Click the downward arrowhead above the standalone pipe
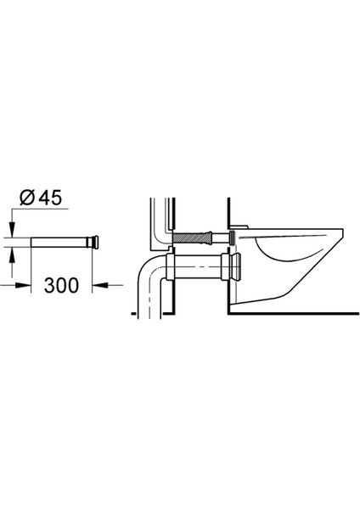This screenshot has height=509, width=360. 12,228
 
